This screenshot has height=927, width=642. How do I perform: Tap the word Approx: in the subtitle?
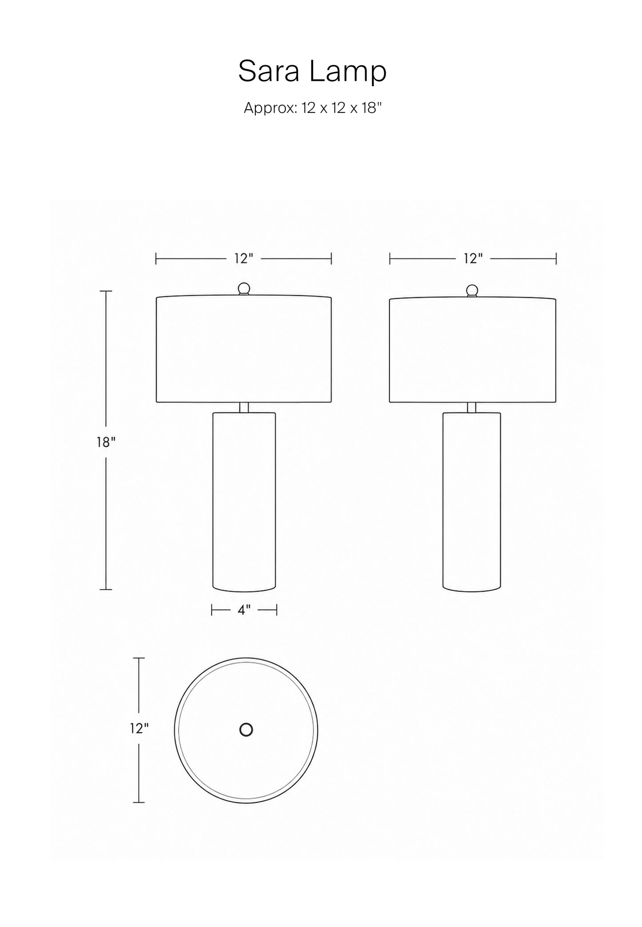click(270, 108)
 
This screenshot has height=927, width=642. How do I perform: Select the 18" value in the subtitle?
click(371, 108)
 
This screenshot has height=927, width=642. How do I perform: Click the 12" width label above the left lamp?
click(244, 258)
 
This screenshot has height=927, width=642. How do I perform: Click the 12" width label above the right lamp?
click(473, 258)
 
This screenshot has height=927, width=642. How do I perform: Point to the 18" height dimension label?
click(106, 442)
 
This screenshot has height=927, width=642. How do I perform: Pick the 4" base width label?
click(244, 610)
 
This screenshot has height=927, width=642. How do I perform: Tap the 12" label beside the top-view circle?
click(140, 728)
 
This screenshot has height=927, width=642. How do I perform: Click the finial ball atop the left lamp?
click(244, 289)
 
